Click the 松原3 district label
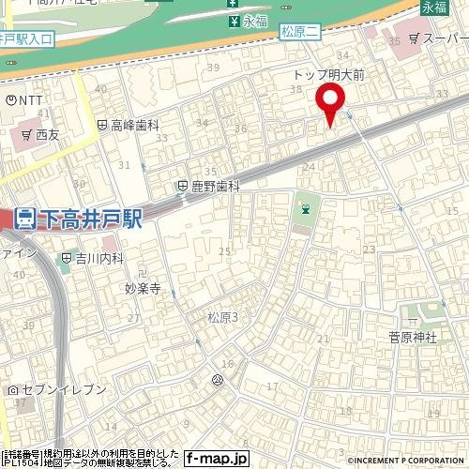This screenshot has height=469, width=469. pos(222,318)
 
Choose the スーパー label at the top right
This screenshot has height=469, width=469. pos(444,40)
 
